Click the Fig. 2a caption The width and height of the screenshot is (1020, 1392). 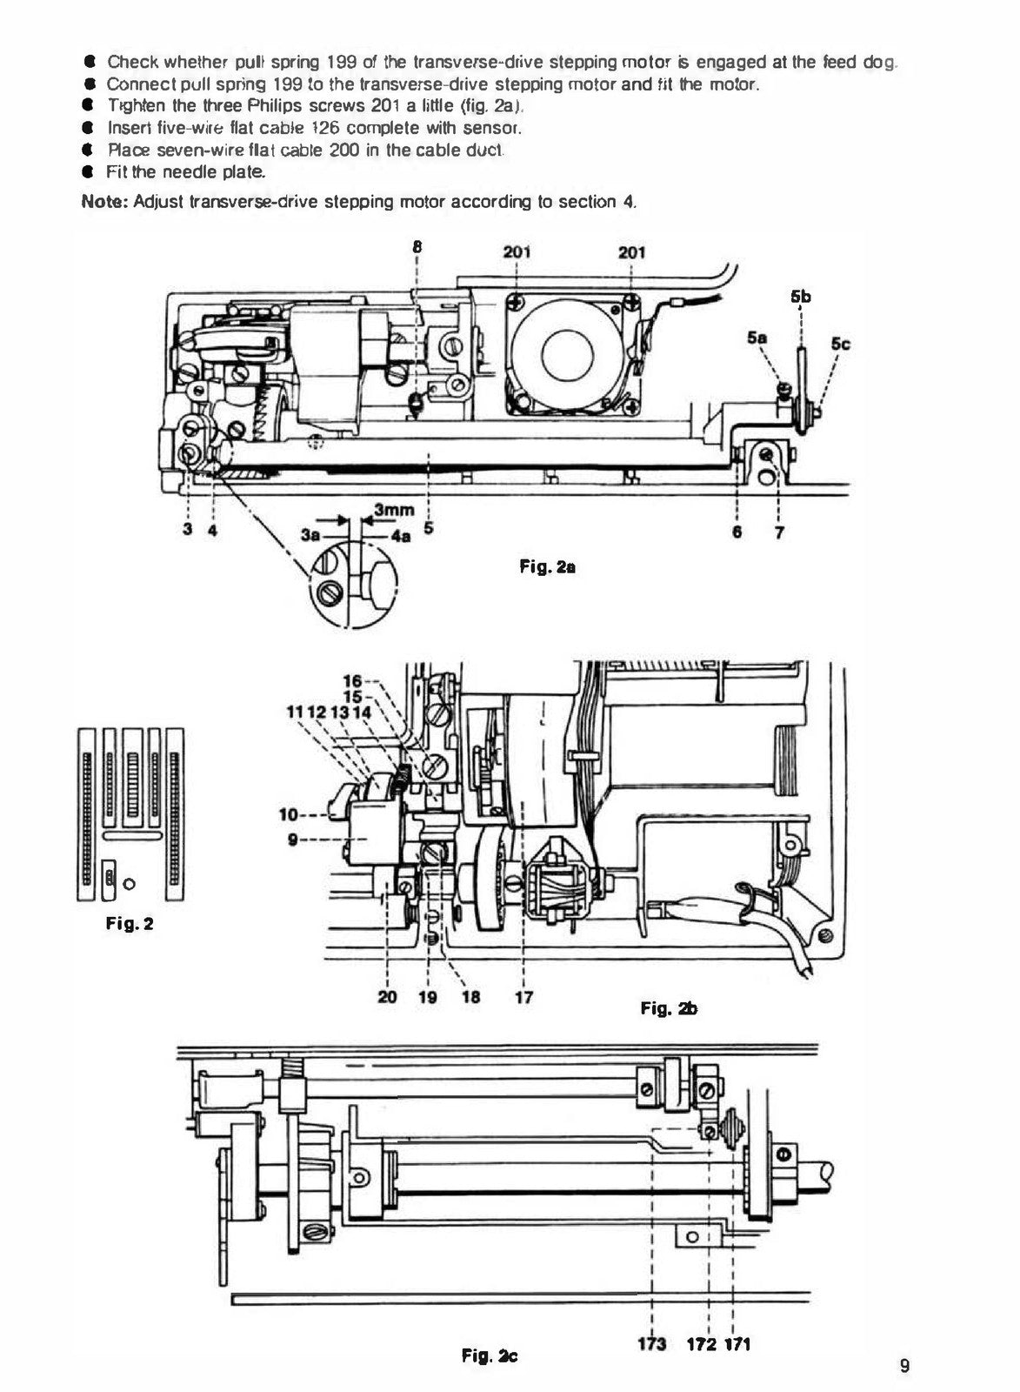(547, 566)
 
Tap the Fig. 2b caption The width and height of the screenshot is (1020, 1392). (669, 1007)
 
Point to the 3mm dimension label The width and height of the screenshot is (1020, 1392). (395, 510)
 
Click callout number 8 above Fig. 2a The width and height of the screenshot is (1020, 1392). (417, 246)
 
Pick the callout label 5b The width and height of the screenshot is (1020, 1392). (801, 297)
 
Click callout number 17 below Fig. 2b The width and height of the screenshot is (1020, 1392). (524, 997)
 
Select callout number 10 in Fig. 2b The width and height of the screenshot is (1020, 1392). (289, 814)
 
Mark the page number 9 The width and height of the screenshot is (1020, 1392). (904, 1365)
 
